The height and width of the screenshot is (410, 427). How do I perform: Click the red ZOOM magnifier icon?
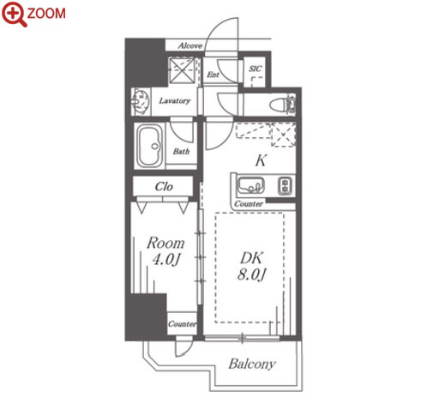tap(15, 14)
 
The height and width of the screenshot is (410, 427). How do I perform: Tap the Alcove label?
tap(190, 45)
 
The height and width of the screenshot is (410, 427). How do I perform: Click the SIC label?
tap(255, 69)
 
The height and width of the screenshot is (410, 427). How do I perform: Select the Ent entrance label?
tap(213, 75)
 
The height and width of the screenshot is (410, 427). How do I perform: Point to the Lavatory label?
tap(175, 100)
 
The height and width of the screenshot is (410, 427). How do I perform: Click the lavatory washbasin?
tap(141, 102)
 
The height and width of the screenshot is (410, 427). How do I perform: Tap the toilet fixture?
tap(284, 104)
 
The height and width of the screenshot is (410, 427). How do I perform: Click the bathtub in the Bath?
tap(149, 146)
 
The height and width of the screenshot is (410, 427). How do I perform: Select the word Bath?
tap(181, 151)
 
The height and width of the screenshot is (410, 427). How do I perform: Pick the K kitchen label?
tap(261, 160)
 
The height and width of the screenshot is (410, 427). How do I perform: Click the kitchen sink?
tap(251, 185)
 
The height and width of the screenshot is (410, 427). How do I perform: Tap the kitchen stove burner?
tap(286, 186)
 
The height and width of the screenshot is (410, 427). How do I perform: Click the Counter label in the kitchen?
tap(249, 204)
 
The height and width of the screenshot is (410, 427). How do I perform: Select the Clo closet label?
tap(164, 187)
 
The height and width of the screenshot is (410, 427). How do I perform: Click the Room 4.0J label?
tap(165, 251)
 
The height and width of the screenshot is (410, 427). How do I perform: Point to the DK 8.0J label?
tap(251, 267)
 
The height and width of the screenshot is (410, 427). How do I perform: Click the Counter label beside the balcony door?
tap(182, 324)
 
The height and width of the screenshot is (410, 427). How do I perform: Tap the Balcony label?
tap(252, 364)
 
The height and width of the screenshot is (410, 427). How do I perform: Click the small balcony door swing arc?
tap(184, 348)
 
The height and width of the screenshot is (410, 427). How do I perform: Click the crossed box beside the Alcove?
tap(183, 70)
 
